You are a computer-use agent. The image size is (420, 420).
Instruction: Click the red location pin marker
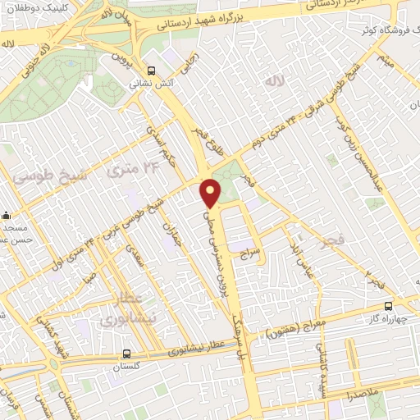(211, 192)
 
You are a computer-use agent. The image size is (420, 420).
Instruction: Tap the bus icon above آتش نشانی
(151, 71)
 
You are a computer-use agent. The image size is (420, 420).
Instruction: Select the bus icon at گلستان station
(126, 354)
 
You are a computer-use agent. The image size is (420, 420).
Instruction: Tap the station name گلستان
(126, 367)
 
